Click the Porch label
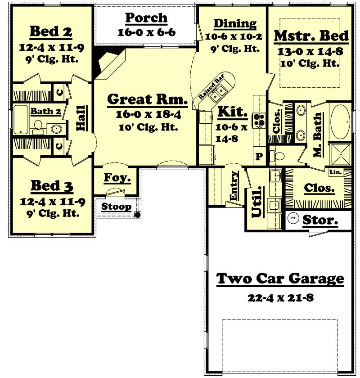pyautogui.click(x=146, y=18)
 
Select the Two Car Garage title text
pyautogui.click(x=280, y=279)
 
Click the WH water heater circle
pyautogui.click(x=293, y=218)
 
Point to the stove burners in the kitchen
pyautogui.click(x=260, y=120)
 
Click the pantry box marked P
pyautogui.click(x=259, y=156)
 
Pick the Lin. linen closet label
pyautogui.click(x=336, y=172)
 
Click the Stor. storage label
pyautogui.click(x=320, y=220)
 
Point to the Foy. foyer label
pyautogui.click(x=117, y=178)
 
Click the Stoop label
pyautogui.click(x=116, y=207)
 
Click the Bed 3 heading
pyautogui.click(x=52, y=185)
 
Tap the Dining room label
pyautogui.click(x=235, y=23)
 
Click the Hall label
pyautogui.click(x=81, y=118)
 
